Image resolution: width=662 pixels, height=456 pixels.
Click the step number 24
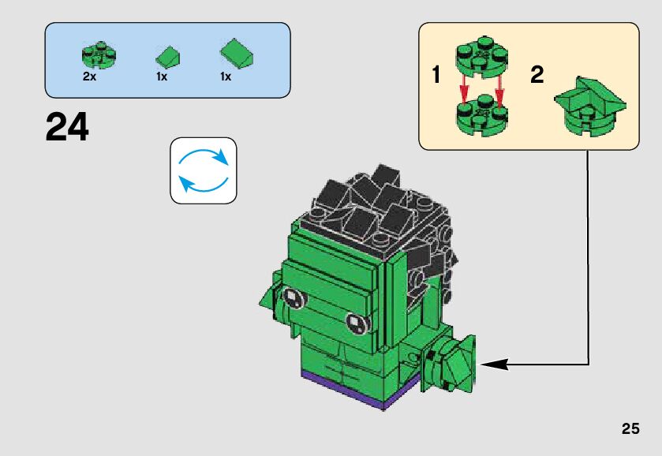coord(68,127)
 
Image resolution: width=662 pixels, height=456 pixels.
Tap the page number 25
coord(630,429)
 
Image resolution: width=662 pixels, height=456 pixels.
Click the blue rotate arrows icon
coord(204,170)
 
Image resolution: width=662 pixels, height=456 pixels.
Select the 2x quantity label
coord(90,77)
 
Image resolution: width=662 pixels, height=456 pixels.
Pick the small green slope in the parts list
coord(167,56)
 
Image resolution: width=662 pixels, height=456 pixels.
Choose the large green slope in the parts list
coord(237,53)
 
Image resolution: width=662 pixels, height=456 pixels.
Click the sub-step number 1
coord(436,76)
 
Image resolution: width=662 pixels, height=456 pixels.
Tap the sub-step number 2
coord(537,76)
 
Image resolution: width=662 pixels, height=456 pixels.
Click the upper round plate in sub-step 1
coord(481,58)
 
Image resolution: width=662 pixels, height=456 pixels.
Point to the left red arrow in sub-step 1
coord(466,88)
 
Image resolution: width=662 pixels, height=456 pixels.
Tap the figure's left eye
coord(292,297)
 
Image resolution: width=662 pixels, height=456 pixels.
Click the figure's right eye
coord(355,322)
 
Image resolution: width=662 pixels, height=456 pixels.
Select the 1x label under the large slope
coord(225,77)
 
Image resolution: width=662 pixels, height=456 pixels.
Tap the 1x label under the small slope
coord(162,77)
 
